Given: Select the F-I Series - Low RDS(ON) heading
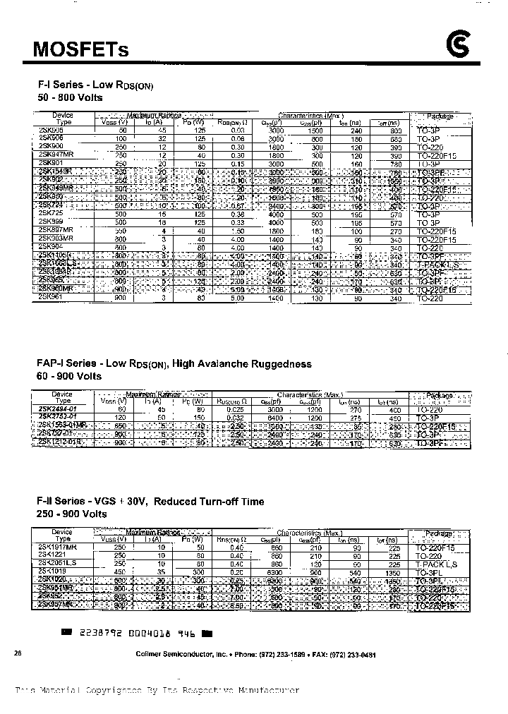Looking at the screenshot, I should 95,85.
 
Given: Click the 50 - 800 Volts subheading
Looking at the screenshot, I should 69,98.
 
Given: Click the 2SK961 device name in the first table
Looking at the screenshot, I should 53,298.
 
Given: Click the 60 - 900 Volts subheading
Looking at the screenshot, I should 69,377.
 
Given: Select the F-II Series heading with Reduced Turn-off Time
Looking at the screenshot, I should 150,502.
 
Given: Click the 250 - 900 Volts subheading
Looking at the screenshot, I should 72,514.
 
